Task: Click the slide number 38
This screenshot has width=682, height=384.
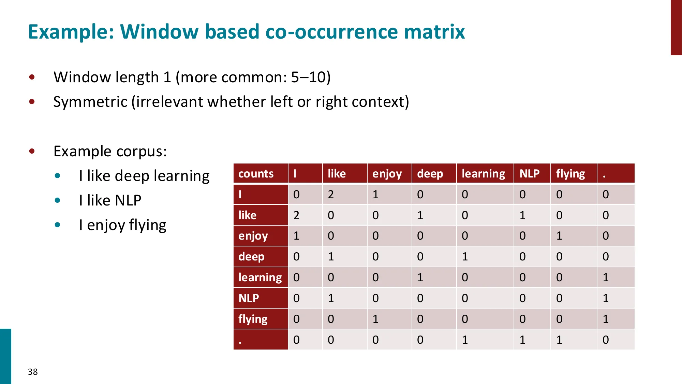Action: [33, 372]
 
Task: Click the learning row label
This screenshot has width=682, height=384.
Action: [260, 277]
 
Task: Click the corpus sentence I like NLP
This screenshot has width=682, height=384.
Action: [110, 200]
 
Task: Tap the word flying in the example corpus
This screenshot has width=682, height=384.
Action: [147, 225]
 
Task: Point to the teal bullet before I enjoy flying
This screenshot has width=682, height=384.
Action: [57, 225]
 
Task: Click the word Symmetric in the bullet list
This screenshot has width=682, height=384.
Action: [90, 102]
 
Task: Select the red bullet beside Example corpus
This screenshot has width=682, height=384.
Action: [32, 151]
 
